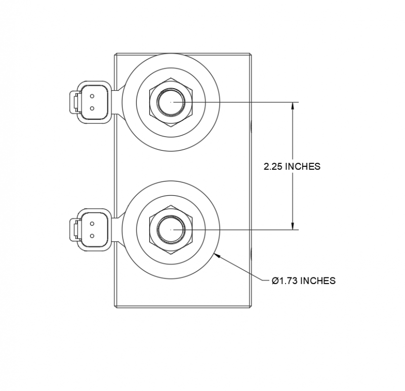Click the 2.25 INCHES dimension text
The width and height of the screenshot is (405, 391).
tap(292, 166)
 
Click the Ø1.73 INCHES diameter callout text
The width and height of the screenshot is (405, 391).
tap(303, 280)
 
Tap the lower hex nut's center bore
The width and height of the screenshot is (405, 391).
tap(172, 230)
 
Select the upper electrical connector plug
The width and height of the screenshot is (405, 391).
tap(89, 101)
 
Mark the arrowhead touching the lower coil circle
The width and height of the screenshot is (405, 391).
tap(218, 255)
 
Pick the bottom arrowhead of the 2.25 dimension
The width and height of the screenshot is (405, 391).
tap(292, 226)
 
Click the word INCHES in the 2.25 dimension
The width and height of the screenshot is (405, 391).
tap(302, 166)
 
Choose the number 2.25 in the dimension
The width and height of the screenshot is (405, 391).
tap(273, 166)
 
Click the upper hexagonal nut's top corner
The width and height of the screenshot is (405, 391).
tap(172, 78)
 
